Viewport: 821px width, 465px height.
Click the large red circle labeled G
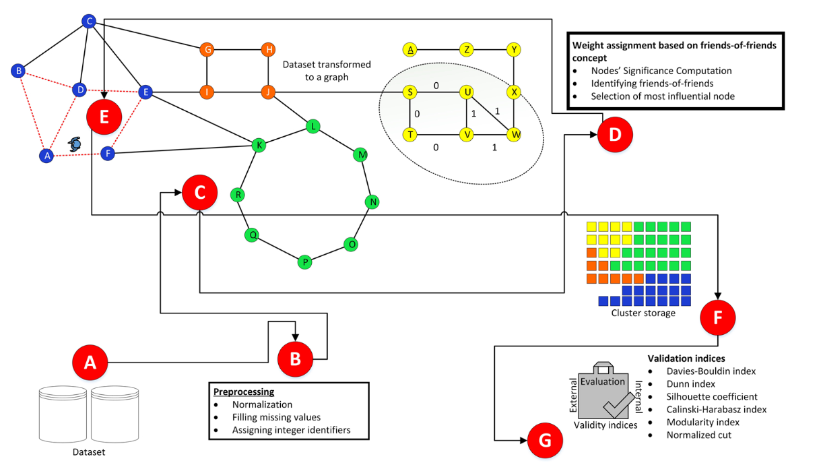coord(544,440)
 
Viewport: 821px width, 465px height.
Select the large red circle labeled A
coord(90,363)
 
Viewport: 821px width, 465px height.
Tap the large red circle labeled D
coord(614,133)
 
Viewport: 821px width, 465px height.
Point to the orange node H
coord(268,49)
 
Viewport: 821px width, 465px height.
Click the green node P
coord(305,261)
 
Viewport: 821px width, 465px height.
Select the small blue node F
coord(108,154)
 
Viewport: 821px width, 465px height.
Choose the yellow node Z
coord(466,49)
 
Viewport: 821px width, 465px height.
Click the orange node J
coord(268,92)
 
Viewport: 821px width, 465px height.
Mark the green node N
coord(372,201)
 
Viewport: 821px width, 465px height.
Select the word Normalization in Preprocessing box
coord(262,405)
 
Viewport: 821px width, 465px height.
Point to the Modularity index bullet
coord(702,422)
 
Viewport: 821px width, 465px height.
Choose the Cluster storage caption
coord(643,313)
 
